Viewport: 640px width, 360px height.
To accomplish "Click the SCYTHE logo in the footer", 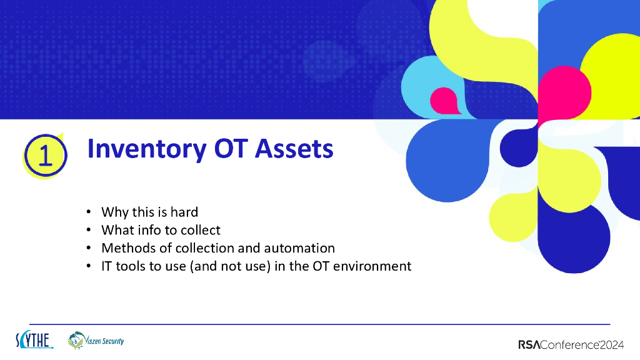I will pos(34,341).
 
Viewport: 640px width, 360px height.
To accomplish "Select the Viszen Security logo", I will pos(96,341).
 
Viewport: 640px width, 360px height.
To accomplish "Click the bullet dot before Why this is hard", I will pos(89,212).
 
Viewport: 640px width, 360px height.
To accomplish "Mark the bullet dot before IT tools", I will pos(89,267).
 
